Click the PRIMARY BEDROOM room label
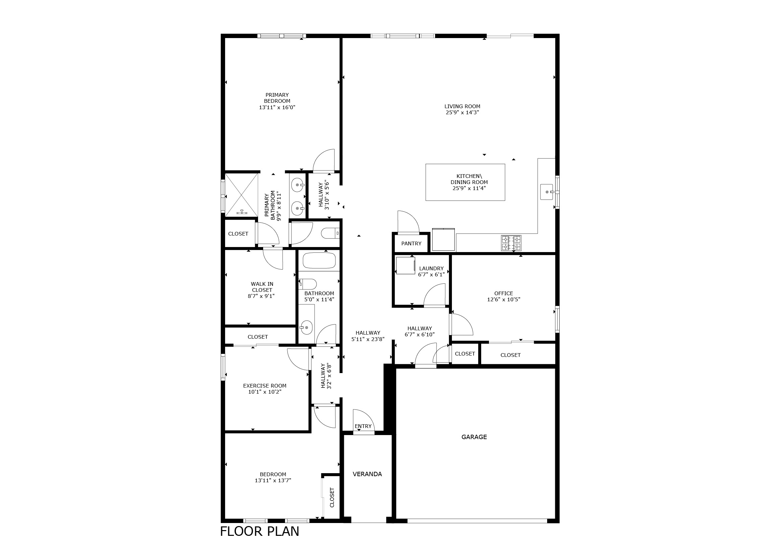pos(277,98)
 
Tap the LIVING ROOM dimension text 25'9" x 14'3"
pos(462,113)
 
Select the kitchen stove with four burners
pos(511,243)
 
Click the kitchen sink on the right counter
pos(547,192)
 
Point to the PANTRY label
pos(411,243)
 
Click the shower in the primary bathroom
pos(242,195)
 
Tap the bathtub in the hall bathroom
pos(319,261)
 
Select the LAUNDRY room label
pos(431,269)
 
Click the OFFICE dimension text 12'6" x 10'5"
pos(504,300)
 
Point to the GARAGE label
pos(474,437)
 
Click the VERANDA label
pos(367,474)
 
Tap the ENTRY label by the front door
pos(363,426)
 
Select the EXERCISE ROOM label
pos(265,386)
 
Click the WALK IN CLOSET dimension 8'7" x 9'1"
pos(261,296)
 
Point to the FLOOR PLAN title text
pos(260,531)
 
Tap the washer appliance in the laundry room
pos(405,266)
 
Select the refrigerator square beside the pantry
pos(443,240)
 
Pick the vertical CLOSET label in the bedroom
pos(332,498)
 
